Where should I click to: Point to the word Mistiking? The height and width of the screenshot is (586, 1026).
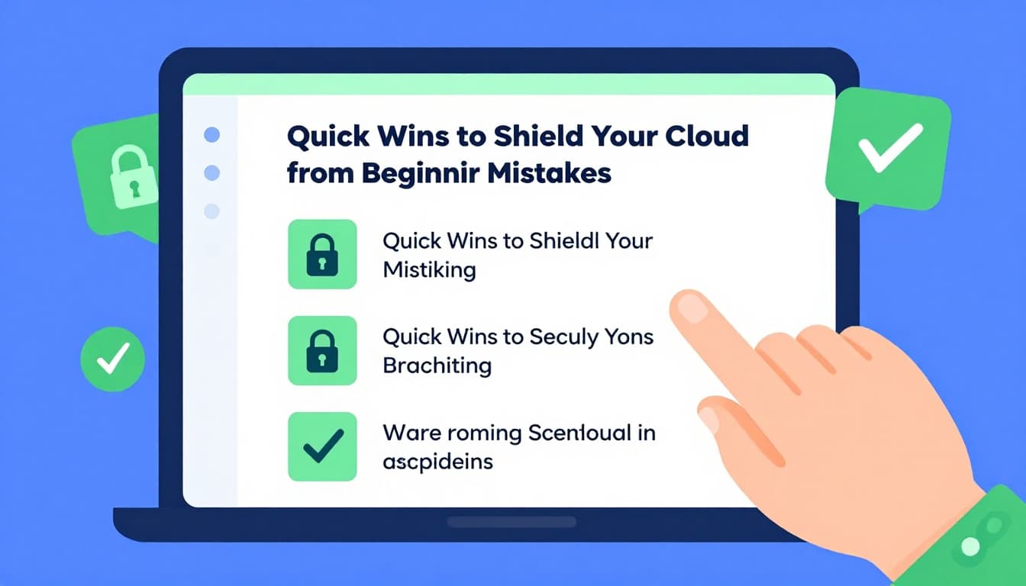click(429, 269)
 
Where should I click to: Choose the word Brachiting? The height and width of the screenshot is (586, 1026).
click(437, 365)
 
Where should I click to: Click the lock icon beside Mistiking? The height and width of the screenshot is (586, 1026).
click(322, 254)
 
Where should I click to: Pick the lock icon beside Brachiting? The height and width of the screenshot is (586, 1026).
click(322, 350)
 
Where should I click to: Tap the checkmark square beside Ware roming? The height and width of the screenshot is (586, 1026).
click(322, 446)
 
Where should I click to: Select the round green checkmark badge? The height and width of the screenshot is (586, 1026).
click(112, 359)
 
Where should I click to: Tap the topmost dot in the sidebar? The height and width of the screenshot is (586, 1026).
click(212, 135)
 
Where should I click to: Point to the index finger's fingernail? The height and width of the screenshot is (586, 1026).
click(692, 307)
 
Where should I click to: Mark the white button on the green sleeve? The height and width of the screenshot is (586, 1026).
click(971, 546)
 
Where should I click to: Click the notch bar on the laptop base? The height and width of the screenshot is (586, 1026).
click(511, 522)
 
